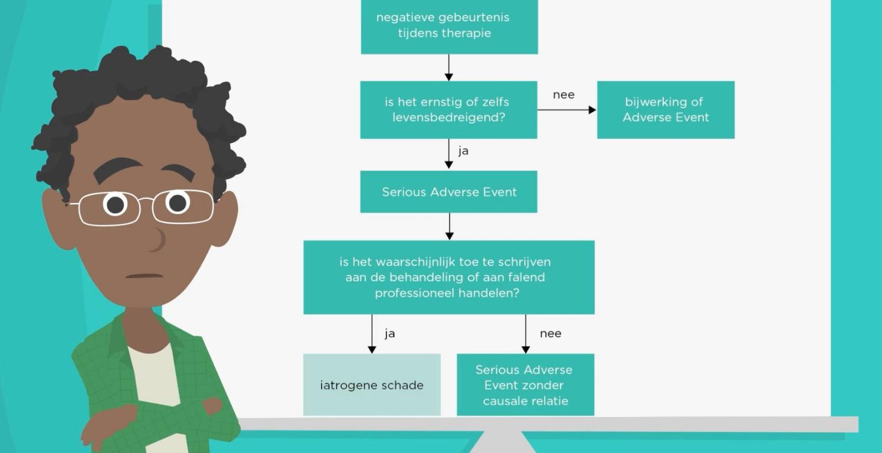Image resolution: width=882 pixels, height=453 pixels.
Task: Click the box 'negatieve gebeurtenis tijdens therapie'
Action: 449,26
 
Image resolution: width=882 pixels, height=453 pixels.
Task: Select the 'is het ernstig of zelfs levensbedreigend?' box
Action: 448,110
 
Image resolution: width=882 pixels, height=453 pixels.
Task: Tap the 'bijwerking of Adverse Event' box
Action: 665,110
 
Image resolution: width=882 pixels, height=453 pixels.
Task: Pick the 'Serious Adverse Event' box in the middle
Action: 448,192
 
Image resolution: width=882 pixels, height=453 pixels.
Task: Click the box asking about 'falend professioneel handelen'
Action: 448,277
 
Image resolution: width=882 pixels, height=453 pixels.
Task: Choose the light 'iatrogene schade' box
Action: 372,385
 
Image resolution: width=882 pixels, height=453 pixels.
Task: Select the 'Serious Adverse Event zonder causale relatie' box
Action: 525,385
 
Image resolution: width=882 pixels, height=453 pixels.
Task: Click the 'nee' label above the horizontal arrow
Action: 563,95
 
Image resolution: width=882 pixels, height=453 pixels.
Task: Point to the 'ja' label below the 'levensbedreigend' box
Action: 463,151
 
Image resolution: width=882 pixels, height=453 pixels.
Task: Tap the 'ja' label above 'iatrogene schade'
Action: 389,334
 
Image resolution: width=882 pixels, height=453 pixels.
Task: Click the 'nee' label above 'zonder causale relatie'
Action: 550,334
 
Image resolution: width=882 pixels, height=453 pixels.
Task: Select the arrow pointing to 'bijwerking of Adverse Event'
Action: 566,110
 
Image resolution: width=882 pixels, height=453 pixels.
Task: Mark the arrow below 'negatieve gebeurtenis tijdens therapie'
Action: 449,67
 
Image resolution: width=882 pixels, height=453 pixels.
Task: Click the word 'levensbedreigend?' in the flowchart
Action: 449,117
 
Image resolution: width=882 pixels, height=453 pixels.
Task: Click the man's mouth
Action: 144,275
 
